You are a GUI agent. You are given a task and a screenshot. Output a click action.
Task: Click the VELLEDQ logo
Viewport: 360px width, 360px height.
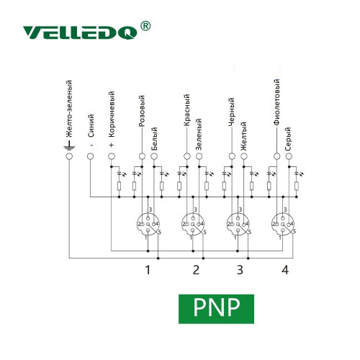[x=80, y=32]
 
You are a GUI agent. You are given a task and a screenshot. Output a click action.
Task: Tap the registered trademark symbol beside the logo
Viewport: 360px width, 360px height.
[x=145, y=26]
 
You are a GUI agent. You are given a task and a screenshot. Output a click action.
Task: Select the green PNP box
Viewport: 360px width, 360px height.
[x=216, y=309]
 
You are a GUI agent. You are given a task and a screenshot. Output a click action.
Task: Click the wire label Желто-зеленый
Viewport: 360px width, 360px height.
[x=69, y=109]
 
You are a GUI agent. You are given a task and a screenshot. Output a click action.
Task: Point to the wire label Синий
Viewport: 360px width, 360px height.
[x=91, y=126]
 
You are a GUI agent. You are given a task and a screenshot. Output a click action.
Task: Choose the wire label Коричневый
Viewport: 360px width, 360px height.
[x=112, y=114]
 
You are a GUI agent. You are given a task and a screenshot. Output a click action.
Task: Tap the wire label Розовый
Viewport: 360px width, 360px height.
[x=142, y=111]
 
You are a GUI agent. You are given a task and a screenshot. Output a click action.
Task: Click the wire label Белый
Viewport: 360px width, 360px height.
[x=154, y=139]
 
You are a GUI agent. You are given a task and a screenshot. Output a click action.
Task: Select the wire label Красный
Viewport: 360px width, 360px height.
[x=186, y=110]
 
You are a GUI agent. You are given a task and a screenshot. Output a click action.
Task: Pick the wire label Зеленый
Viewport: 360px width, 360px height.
[x=199, y=135]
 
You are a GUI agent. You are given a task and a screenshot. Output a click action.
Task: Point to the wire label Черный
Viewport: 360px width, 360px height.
[x=232, y=112]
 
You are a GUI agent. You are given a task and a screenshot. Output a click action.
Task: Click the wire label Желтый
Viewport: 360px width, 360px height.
[x=243, y=136]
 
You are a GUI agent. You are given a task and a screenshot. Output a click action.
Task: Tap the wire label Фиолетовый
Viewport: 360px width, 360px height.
[x=276, y=102]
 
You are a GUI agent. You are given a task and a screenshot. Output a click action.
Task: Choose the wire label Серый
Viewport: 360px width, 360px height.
[x=289, y=139]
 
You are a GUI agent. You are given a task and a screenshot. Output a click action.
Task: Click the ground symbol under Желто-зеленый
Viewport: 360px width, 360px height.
[x=69, y=146]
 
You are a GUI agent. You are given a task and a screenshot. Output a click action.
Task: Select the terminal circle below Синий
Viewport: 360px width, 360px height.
[x=90, y=156]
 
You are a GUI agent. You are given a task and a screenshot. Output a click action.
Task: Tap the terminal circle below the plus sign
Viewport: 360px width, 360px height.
[x=111, y=156]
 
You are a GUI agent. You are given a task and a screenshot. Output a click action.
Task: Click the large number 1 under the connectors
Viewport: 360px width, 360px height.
[x=148, y=270]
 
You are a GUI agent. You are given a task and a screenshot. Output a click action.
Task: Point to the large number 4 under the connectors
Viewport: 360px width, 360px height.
[x=285, y=270]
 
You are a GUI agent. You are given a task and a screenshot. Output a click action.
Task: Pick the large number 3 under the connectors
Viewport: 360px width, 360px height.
[x=240, y=270]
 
